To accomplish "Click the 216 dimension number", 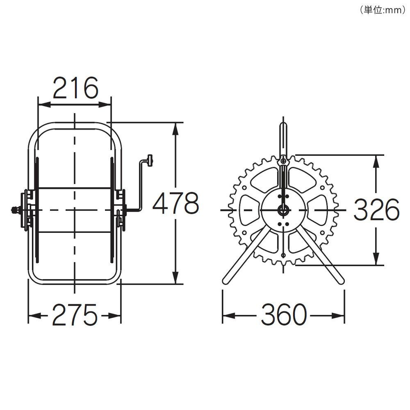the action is click(x=76, y=88).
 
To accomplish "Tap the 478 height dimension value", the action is click(x=176, y=203).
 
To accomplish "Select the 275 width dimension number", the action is click(x=75, y=314).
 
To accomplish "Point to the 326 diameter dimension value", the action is click(x=376, y=210).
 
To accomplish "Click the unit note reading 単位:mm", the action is click(x=383, y=10).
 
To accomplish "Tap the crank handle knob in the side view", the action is click(x=150, y=160).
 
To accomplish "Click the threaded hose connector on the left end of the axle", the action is click(x=16, y=210).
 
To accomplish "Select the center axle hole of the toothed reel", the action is click(x=283, y=210).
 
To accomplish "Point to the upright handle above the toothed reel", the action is click(x=283, y=140).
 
